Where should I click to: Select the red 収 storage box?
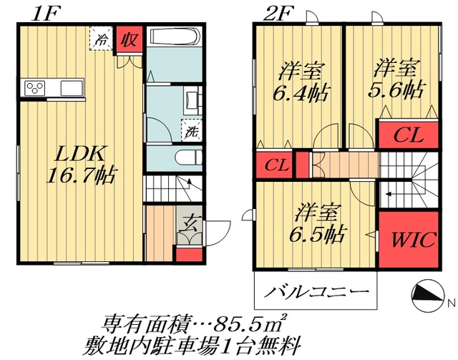coord(129,40)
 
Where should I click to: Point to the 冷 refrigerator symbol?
coord(102,40)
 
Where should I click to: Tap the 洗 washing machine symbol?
coord(191,131)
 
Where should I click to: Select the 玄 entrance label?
coord(189,223)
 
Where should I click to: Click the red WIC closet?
coord(411,240)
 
